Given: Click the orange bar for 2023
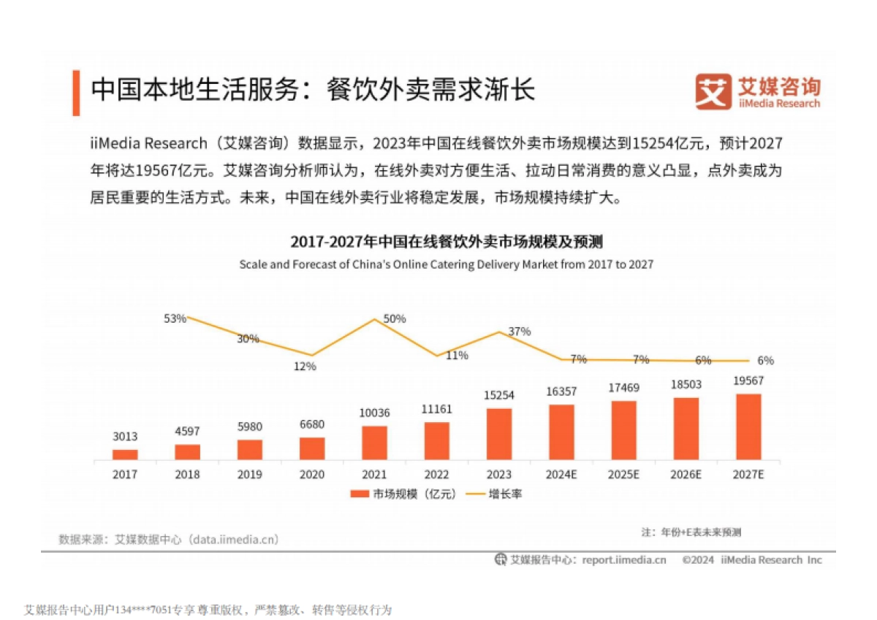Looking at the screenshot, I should pyautogui.click(x=499, y=434).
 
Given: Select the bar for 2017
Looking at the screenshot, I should pyautogui.click(x=125, y=454).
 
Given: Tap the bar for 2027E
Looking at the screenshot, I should pyautogui.click(x=748, y=426).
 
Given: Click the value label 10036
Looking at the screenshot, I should pyautogui.click(x=375, y=413).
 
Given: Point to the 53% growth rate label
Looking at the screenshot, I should pyautogui.click(x=175, y=318).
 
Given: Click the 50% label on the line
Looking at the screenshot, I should pyautogui.click(x=394, y=319).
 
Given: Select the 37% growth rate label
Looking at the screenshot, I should pyautogui.click(x=519, y=332).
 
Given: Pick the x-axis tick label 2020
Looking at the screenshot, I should pyautogui.click(x=312, y=475).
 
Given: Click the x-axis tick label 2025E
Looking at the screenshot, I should pyautogui.click(x=623, y=475).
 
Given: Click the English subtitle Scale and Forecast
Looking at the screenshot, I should pyautogui.click(x=446, y=264).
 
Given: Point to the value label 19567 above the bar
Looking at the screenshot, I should pyautogui.click(x=748, y=381).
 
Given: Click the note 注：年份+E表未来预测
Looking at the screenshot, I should pyautogui.click(x=691, y=532).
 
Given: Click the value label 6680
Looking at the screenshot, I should pyautogui.click(x=312, y=424).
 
